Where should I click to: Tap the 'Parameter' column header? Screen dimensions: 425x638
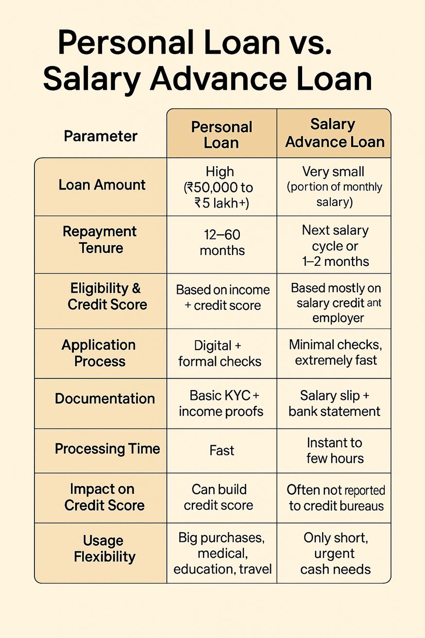tap(101, 136)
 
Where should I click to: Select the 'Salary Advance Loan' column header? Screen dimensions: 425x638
tap(335, 133)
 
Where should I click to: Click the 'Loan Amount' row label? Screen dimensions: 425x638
tap(102, 185)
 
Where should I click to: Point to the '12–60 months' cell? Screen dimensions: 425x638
tap(222, 242)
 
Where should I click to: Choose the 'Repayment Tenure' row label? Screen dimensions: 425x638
tap(100, 240)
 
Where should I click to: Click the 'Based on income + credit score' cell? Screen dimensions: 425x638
tap(222, 298)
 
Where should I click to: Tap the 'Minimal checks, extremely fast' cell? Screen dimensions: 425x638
tap(336, 353)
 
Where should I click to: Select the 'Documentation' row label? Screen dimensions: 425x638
tap(105, 398)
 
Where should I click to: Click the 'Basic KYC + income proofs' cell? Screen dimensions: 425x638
tap(221, 404)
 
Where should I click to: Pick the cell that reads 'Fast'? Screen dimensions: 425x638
tap(222, 450)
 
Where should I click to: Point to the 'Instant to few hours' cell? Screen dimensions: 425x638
tap(335, 451)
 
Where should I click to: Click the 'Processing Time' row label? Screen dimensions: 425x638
tap(107, 448)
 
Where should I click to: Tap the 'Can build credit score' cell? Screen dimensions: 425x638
tap(219, 497)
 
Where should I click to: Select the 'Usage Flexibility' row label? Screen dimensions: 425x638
tap(104, 549)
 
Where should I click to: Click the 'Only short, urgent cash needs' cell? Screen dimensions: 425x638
tap(336, 553)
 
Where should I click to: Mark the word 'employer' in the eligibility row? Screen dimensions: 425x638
tap(338, 318)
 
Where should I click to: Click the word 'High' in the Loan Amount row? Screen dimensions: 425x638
tap(220, 172)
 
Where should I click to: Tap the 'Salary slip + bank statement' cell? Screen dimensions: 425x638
tap(335, 403)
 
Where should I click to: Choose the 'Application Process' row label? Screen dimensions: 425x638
tap(99, 353)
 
